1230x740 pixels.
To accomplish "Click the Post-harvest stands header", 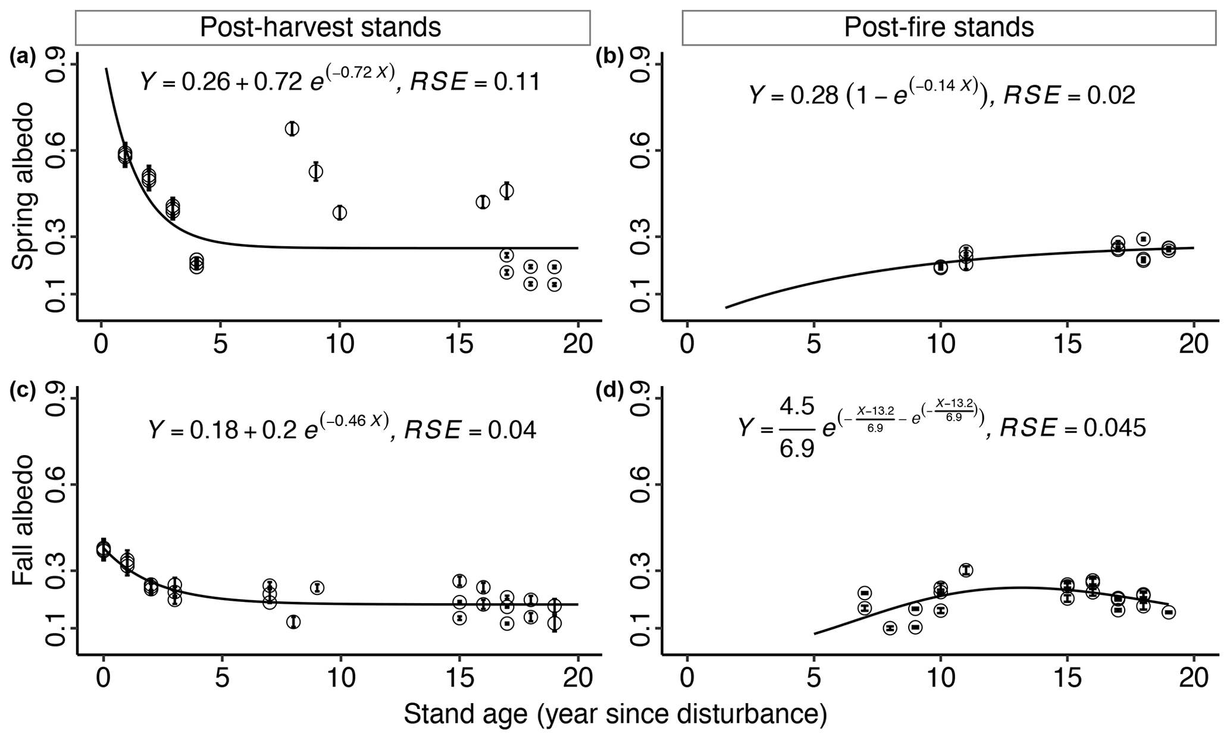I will tap(320, 27).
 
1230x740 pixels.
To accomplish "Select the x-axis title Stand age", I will tap(615, 714).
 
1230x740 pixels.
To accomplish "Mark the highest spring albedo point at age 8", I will tap(292, 128).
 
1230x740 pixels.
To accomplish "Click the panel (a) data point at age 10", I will tap(340, 212).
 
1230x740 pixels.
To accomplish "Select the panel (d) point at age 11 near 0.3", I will tap(966, 570).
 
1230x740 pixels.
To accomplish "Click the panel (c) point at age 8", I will tap(292, 622).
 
